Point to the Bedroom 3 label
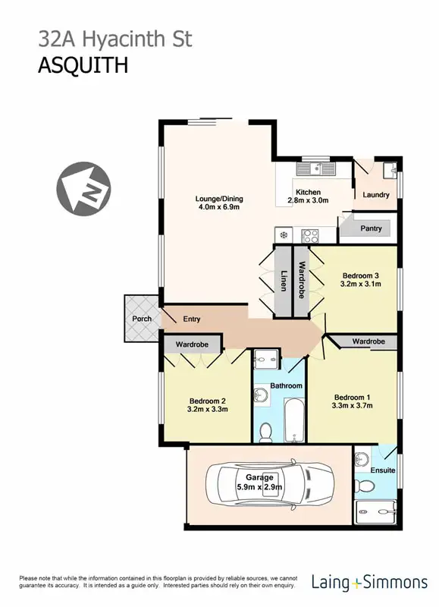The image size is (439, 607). (x=360, y=275)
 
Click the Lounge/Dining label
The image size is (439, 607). (x=218, y=200)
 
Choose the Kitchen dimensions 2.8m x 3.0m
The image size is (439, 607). (x=308, y=201)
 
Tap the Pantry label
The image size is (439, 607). (x=371, y=228)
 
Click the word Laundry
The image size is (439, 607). (x=376, y=195)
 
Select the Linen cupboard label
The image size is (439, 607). (x=284, y=281)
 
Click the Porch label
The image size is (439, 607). (x=142, y=319)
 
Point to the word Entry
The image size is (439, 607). (x=192, y=319)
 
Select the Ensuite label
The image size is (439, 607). (x=383, y=470)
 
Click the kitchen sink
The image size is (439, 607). (x=312, y=169)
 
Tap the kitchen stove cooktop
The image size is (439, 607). (x=310, y=234)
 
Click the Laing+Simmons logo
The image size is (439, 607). (x=369, y=583)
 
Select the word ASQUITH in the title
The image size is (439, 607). (x=83, y=65)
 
